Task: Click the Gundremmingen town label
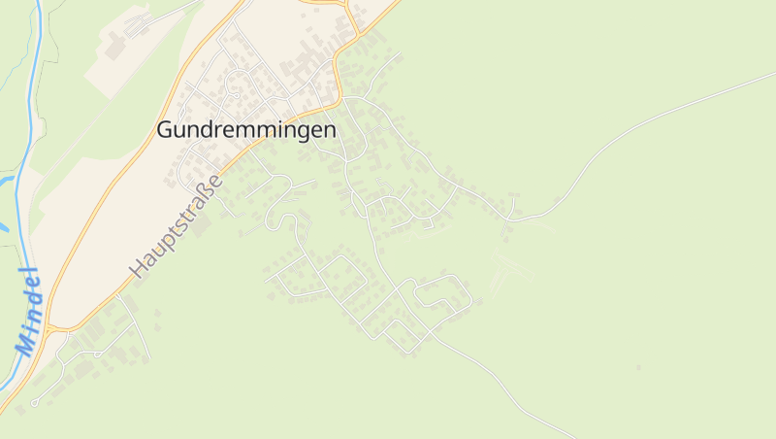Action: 246,130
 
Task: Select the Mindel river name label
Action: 28,310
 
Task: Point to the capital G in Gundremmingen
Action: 166,130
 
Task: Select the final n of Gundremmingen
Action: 329,130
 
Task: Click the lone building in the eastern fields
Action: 638,367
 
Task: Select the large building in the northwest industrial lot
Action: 116,45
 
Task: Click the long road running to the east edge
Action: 660,118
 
